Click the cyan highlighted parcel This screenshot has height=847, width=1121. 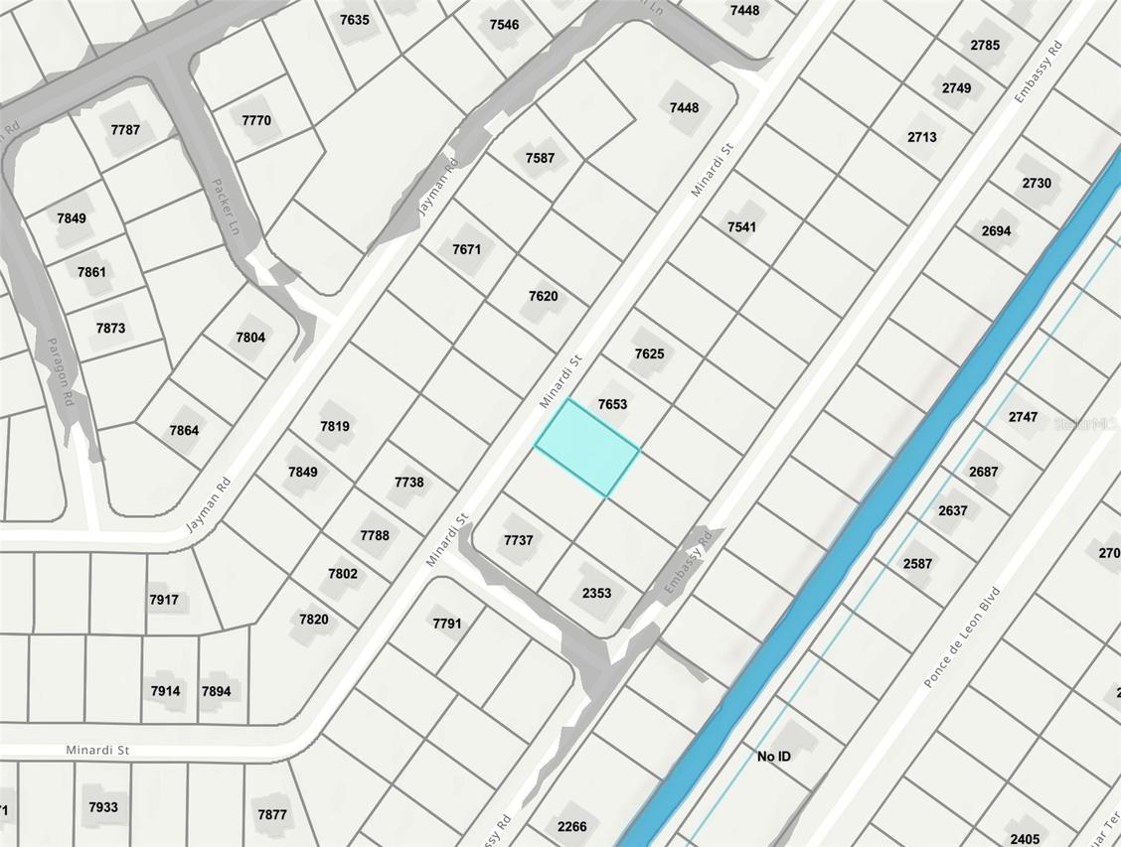point(586,448)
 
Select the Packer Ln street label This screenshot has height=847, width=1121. point(227,207)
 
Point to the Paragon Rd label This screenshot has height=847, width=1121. point(61,371)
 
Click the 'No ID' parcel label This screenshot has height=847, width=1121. point(774,757)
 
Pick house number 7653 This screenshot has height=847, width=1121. point(612,404)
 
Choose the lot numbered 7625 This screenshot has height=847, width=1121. point(649,353)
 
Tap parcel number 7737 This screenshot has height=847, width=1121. point(519,540)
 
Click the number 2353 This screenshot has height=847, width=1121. point(596,593)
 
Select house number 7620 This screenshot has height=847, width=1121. point(543,296)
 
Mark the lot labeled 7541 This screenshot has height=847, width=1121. point(741,226)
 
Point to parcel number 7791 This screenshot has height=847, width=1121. point(447,624)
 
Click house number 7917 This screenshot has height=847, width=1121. point(164,600)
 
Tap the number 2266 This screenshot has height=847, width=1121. point(571,826)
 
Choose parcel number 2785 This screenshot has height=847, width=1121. point(985,45)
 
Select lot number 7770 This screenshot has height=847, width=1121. point(256,120)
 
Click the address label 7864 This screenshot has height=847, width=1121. point(184,430)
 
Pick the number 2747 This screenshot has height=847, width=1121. point(1023,417)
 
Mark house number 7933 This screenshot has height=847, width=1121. point(103,807)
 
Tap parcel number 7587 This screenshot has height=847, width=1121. point(540,158)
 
